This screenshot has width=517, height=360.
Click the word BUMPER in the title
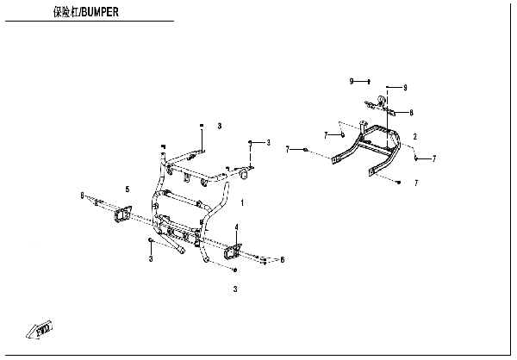100,12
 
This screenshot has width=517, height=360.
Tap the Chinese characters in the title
66,12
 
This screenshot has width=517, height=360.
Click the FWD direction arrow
40,329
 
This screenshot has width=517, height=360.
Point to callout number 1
242,202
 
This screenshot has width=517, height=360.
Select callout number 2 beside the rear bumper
415,136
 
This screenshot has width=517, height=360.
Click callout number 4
236,227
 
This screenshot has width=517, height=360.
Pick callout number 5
128,189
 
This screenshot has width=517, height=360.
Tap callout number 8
411,113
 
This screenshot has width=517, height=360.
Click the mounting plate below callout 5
122,214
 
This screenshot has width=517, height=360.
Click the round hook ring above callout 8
381,99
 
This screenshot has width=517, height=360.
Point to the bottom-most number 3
235,289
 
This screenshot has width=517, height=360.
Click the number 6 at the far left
82,196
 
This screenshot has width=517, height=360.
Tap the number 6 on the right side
283,260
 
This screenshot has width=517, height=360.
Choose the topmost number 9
352,81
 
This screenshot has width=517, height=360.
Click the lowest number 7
416,183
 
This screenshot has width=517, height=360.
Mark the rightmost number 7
434,159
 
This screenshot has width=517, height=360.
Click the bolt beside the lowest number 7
399,182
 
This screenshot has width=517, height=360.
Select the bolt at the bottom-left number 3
150,239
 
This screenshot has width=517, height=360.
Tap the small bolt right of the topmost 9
369,82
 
